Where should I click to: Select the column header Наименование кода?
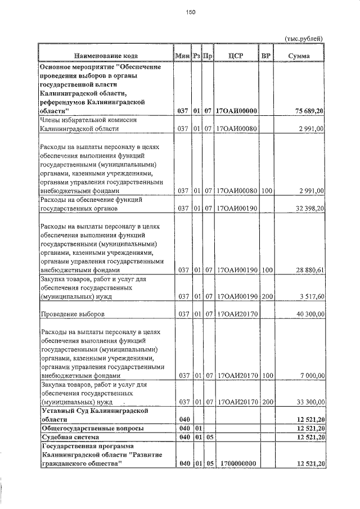coord(106,56)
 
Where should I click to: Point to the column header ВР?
coord(267,56)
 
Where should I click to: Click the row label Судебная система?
coord(70,437)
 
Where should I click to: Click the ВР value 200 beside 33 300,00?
coord(267,402)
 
